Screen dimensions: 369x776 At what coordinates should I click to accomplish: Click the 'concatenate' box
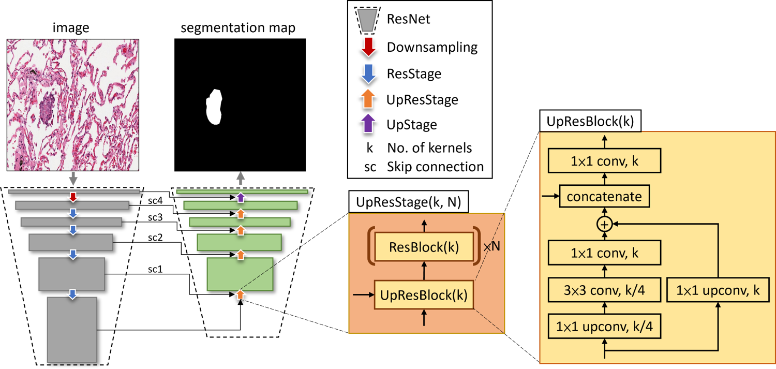(604, 197)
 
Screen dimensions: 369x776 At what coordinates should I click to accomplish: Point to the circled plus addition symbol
(604, 224)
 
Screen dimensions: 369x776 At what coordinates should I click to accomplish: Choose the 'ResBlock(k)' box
(424, 247)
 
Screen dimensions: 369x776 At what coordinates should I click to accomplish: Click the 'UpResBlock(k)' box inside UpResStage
(424, 295)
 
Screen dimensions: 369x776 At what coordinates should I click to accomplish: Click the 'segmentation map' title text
(238, 27)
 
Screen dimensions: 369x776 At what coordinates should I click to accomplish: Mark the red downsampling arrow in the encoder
(73, 197)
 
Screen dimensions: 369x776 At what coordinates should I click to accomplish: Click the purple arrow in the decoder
(240, 197)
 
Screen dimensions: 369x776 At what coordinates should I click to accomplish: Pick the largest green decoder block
(240, 274)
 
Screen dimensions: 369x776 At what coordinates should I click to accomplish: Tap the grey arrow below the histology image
(73, 179)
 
